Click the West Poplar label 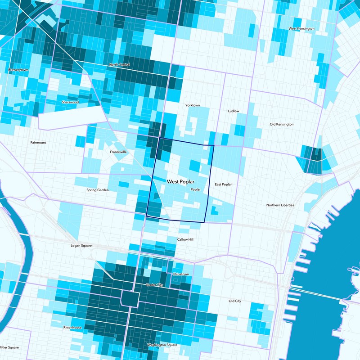pos(180,182)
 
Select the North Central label pos(120,65)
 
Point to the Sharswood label pos(70,102)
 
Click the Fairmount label pos(38,143)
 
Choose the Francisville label pos(118,152)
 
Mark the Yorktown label pos(193,105)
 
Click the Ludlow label pos(234,111)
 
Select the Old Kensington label pos(281,124)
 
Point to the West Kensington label pos(301,29)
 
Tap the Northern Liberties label pos(280,205)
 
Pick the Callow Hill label pos(185,239)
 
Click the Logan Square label pos(81,246)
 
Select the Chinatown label pos(180,274)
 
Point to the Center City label pos(155,285)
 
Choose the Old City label pos(234,301)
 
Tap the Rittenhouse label pos(72,328)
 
